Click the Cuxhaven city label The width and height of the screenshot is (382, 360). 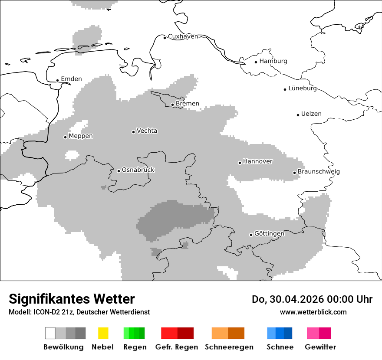(183, 36)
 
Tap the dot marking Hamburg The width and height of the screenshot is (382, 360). (256, 62)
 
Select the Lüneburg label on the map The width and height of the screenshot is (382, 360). (303, 88)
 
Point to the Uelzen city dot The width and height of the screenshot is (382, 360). (298, 115)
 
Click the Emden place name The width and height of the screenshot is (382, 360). (71, 79)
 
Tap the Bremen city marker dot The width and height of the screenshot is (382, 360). (172, 105)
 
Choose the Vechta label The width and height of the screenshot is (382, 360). (147, 131)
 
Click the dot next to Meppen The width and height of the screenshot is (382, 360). (65, 137)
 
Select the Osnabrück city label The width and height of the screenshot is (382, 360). (138, 170)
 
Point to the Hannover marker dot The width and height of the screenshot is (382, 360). (240, 163)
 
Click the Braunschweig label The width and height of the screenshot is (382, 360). (319, 171)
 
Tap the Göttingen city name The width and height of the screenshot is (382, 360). (269, 233)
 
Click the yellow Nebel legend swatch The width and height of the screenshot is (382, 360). (103, 333)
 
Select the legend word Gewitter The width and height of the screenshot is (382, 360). (320, 347)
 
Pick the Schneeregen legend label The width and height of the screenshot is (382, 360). (229, 347)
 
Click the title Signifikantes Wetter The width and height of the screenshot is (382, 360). (72, 299)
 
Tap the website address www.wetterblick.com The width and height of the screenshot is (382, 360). (313, 312)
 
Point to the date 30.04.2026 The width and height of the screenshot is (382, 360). (296, 299)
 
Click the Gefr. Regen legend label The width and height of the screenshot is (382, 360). (176, 347)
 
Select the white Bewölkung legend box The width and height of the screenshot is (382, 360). (50, 333)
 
